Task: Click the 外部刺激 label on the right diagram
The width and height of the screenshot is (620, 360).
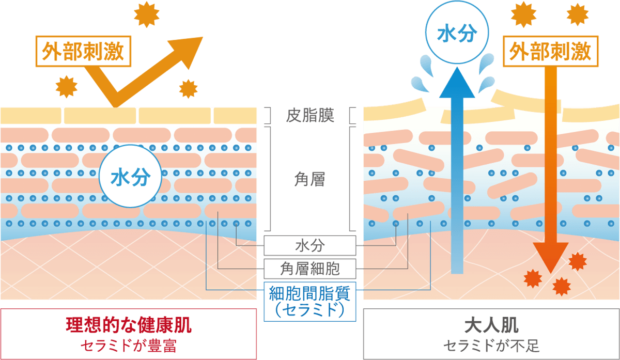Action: (550, 51)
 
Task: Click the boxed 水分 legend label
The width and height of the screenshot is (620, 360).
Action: (310, 245)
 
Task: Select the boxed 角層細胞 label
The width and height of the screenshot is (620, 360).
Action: (310, 268)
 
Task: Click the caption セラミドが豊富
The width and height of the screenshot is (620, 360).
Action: (129, 345)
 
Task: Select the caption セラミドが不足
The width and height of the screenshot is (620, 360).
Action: (491, 345)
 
